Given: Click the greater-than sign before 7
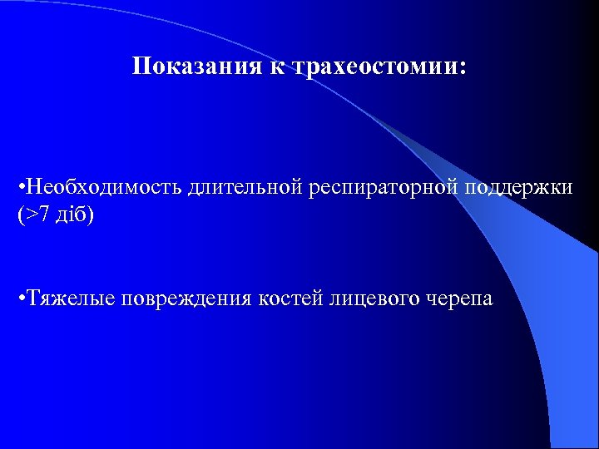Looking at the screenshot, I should click(x=30, y=215).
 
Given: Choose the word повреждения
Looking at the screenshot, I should click(x=186, y=299).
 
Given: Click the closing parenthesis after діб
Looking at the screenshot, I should click(x=90, y=215).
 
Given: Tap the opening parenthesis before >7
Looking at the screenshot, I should click(x=20, y=215).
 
